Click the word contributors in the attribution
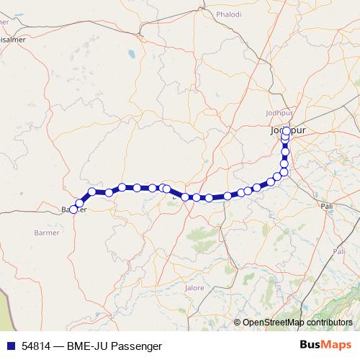(330, 323)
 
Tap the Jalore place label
(195, 287)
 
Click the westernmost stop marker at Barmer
(73, 210)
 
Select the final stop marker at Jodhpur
(286, 131)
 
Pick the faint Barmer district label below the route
(48, 233)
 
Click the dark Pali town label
(327, 206)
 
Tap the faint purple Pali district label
(338, 251)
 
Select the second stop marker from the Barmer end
(79, 203)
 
